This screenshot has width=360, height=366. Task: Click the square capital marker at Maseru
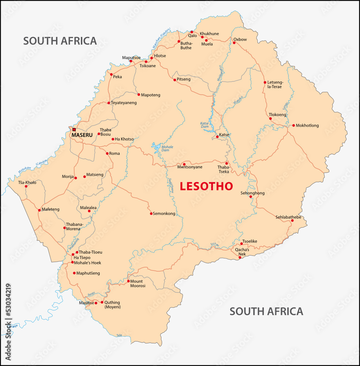(x=74, y=130)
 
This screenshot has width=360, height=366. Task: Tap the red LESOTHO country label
(x=206, y=186)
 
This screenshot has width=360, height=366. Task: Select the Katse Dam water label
(x=204, y=125)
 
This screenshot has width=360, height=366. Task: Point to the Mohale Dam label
(x=168, y=149)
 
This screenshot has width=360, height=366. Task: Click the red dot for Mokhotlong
(x=293, y=126)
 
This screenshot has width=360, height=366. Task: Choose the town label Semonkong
(x=164, y=214)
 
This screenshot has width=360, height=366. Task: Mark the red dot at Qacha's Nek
(x=240, y=258)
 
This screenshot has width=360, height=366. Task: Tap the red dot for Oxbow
(x=234, y=43)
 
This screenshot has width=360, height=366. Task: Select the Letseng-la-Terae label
(x=275, y=85)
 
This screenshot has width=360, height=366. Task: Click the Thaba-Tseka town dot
(x=226, y=164)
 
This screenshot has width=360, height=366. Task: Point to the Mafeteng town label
(x=50, y=210)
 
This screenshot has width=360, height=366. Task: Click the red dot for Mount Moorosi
(x=128, y=281)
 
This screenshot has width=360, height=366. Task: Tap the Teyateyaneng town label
(x=124, y=103)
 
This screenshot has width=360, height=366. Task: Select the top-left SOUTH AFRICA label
(x=60, y=41)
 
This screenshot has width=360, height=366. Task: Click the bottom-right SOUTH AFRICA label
(x=266, y=311)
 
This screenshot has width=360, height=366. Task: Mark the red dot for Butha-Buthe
(x=179, y=41)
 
